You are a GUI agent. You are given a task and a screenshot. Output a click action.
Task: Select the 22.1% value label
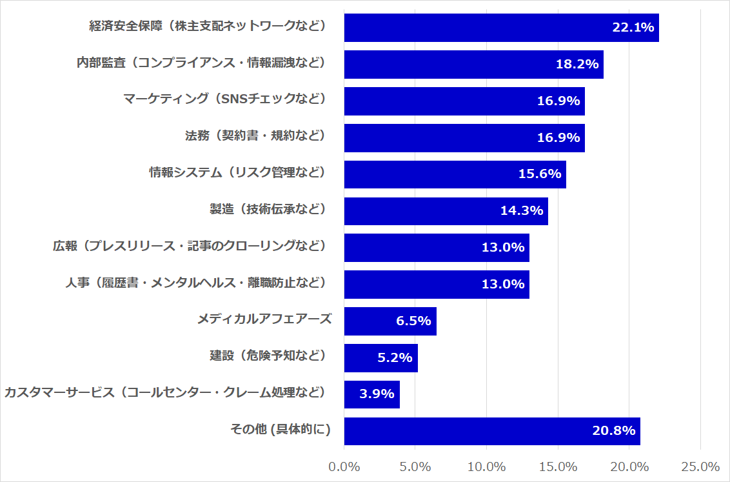(x=633, y=28)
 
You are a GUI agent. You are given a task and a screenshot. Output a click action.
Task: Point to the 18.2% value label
(x=577, y=65)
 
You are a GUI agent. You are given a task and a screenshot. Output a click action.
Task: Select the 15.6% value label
(x=540, y=174)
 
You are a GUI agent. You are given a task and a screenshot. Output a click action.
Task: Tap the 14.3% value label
(x=522, y=211)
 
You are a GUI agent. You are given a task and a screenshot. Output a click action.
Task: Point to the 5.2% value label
(x=394, y=357)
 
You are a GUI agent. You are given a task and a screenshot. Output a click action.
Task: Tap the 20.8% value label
(x=614, y=431)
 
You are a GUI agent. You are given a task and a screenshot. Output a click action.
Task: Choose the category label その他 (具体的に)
(x=281, y=430)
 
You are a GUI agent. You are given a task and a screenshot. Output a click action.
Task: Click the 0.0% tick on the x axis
(x=344, y=467)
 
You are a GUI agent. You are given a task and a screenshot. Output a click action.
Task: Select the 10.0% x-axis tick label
(x=486, y=467)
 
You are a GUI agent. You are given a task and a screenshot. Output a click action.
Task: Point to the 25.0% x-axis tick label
(x=700, y=467)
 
